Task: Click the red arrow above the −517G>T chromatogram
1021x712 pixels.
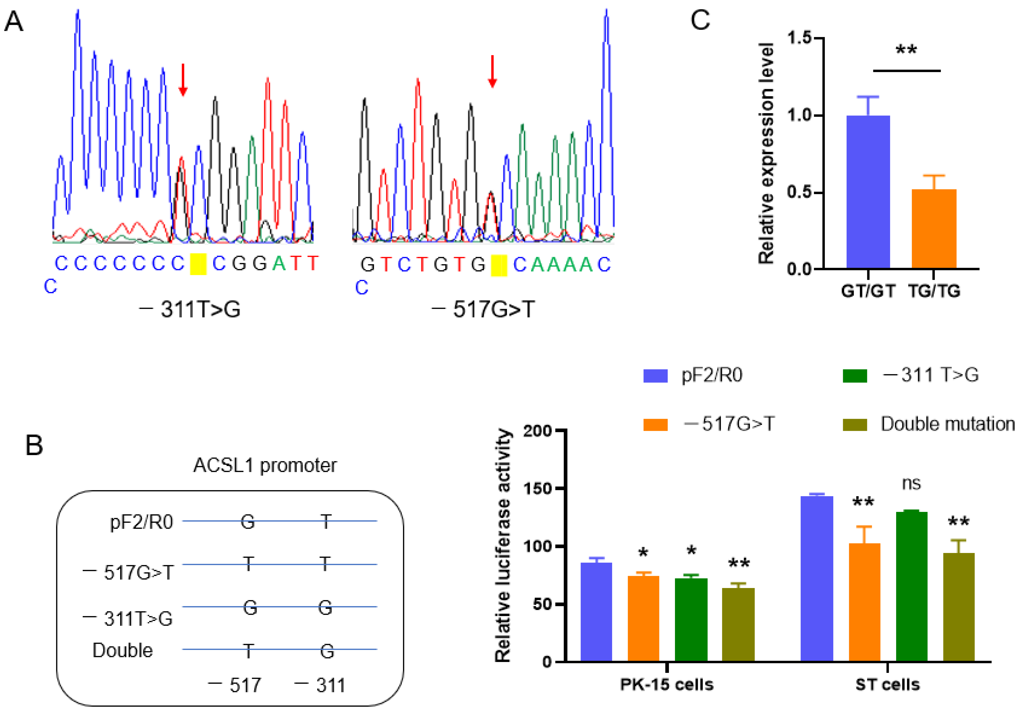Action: point(492,71)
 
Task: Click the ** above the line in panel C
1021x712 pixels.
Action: point(906,50)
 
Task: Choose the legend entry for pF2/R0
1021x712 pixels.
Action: point(711,375)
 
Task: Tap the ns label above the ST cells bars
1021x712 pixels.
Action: point(911,483)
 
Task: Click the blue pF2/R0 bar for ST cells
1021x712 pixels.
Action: point(816,578)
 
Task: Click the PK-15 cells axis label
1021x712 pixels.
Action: point(666,685)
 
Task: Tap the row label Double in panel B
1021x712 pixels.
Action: point(122,651)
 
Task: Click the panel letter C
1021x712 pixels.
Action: point(700,20)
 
